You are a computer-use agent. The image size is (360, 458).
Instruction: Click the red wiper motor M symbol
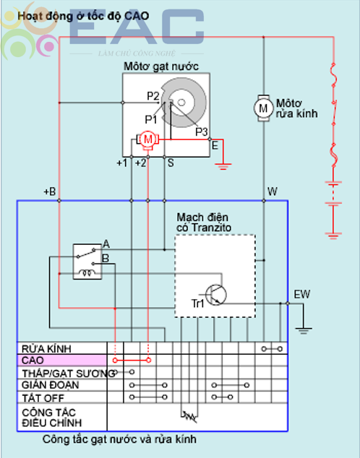[x=148, y=139]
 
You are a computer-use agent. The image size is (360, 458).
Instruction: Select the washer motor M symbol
[x=263, y=108]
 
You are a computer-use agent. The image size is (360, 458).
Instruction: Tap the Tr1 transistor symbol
[x=215, y=295]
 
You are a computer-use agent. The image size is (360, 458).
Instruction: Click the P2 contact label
[x=153, y=96]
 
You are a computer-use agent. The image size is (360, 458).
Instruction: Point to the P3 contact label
[x=202, y=131]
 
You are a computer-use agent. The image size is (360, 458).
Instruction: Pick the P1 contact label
[x=151, y=119]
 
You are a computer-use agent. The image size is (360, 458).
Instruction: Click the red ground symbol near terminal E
[x=223, y=167]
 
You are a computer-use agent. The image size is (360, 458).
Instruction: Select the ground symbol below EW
[x=304, y=331]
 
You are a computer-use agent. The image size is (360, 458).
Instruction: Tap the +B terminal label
[x=49, y=192]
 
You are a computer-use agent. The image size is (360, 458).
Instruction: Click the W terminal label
[x=273, y=191]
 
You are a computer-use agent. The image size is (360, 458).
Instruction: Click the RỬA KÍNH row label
[x=46, y=348]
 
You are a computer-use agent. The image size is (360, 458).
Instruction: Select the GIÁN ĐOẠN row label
[x=51, y=385]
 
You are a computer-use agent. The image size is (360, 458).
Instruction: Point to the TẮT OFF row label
[x=43, y=397]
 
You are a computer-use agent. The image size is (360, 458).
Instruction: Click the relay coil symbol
[x=87, y=273]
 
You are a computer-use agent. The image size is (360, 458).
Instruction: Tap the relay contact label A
[x=106, y=244]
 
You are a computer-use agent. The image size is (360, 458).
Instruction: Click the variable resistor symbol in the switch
[x=189, y=417]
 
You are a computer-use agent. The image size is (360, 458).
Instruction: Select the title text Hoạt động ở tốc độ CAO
[x=83, y=16]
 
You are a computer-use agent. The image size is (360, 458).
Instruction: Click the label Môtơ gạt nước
[x=161, y=66]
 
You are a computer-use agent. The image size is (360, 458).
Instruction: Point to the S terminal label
[x=171, y=163]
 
